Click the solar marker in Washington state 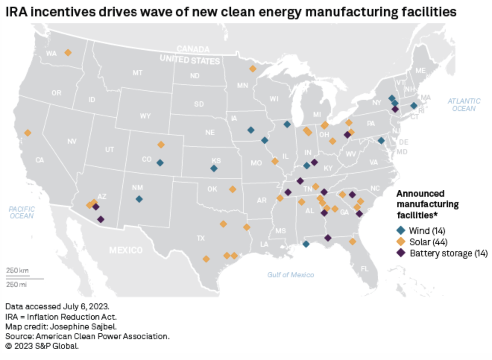[x=68, y=53]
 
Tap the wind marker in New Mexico [x=139, y=199]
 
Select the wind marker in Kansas [x=214, y=168]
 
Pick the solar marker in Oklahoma [x=233, y=189]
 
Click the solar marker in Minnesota [x=253, y=69]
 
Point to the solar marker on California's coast [x=28, y=133]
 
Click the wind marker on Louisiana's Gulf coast [x=306, y=244]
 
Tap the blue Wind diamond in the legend [x=401, y=230]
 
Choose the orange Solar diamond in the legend [x=401, y=241]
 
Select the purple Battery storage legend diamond [x=401, y=253]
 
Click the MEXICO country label [x=126, y=250]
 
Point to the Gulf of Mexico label [x=290, y=275]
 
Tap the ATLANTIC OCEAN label [x=464, y=105]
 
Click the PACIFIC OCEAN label [x=22, y=212]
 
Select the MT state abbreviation [x=138, y=73]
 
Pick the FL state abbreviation [x=365, y=269]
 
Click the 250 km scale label [x=17, y=271]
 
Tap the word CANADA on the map [x=193, y=49]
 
